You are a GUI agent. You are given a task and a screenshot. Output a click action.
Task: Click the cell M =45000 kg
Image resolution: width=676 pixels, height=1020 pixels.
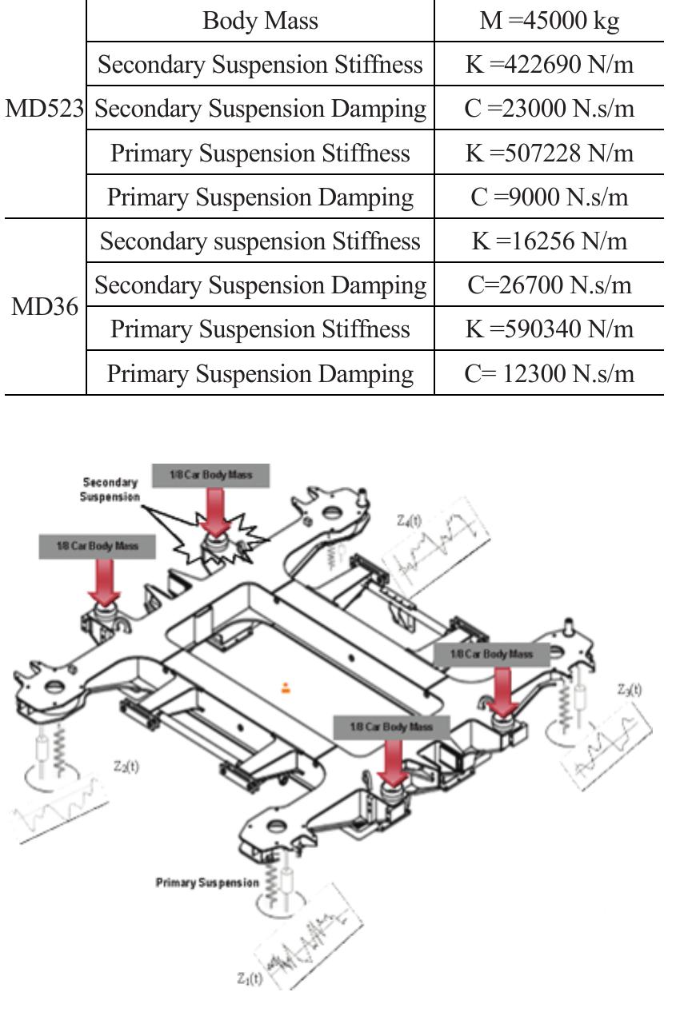(x=549, y=21)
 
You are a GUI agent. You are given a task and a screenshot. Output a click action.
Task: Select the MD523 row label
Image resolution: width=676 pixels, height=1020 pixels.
(x=45, y=109)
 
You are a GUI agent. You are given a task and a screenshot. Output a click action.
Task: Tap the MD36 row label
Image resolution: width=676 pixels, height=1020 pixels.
(x=45, y=307)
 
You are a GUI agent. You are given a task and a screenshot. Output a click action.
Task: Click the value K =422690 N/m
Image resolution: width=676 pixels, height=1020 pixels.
(x=549, y=65)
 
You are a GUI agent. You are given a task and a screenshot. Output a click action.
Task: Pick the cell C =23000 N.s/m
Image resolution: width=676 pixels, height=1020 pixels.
(x=549, y=109)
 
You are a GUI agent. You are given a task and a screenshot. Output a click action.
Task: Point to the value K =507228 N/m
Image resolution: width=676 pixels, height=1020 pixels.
(x=549, y=153)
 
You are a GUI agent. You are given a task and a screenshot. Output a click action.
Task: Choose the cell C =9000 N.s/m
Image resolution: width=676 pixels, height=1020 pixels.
(x=549, y=197)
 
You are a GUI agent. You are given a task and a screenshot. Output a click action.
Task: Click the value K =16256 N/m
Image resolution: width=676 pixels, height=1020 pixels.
(x=549, y=241)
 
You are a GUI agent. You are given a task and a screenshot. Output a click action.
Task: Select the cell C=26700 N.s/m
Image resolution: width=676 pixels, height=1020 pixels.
(x=549, y=285)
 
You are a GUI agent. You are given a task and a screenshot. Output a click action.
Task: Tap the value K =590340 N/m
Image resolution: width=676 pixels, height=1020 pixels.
(x=549, y=329)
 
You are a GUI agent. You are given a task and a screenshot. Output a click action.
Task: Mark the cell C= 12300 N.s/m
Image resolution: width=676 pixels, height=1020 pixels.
(x=549, y=373)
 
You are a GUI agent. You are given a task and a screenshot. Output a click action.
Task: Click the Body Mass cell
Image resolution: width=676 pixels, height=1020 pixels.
(x=260, y=21)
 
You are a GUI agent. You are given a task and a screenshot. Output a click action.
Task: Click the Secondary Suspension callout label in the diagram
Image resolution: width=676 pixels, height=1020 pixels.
(x=110, y=489)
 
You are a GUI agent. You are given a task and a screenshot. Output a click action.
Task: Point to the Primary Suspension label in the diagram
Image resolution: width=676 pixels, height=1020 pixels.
(x=207, y=883)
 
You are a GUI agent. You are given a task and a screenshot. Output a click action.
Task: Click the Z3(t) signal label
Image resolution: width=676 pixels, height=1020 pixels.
(x=630, y=689)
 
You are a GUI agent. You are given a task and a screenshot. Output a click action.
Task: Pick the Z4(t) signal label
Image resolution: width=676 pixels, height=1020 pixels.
(x=409, y=520)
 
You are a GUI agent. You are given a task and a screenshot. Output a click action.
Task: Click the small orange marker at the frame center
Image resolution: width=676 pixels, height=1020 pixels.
(x=286, y=687)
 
